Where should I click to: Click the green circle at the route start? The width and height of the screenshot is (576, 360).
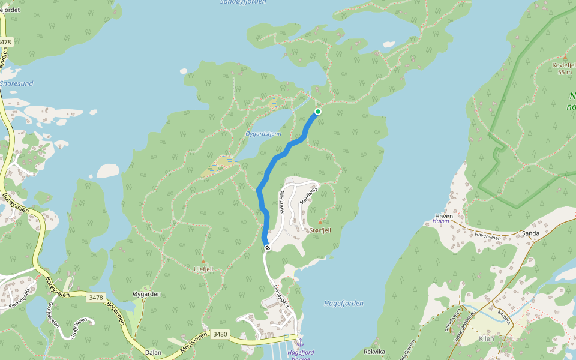(317, 112)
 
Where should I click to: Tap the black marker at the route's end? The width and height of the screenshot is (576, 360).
(267, 248)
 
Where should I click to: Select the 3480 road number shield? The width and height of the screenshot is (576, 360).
(220, 334)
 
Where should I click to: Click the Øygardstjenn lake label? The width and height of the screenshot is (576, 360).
(263, 134)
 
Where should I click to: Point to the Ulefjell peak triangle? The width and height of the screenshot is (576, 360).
(203, 262)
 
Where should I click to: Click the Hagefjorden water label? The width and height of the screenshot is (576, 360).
(343, 304)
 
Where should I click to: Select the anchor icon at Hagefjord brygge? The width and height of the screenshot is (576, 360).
(301, 342)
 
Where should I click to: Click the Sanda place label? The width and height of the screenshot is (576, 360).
(531, 233)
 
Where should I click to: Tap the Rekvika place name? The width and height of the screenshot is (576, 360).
(374, 352)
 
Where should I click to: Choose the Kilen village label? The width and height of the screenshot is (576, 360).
(486, 339)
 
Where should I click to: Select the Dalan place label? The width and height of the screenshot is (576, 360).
(153, 352)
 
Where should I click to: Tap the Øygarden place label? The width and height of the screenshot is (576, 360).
(146, 294)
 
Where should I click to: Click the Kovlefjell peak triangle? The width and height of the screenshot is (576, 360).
(565, 58)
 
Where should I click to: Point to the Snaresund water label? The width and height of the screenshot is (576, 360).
(16, 83)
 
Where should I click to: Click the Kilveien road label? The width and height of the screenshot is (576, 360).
(503, 316)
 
